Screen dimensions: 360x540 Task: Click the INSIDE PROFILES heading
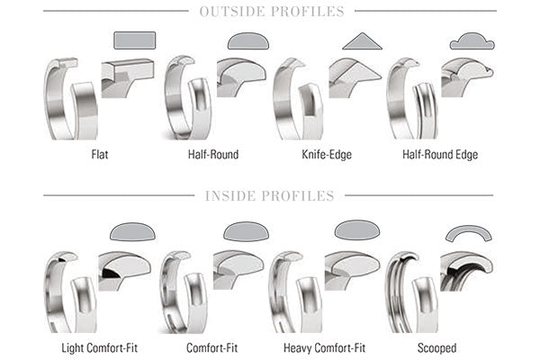click(x=270, y=195)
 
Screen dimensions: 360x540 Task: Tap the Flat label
click(x=101, y=154)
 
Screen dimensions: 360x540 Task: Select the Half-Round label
click(x=213, y=154)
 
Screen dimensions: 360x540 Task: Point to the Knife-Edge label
click(x=327, y=154)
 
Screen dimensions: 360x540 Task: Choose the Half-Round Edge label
click(x=440, y=154)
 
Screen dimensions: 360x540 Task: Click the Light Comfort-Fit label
click(x=100, y=347)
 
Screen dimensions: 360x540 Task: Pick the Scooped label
click(x=437, y=347)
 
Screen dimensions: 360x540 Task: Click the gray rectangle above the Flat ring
click(x=134, y=39)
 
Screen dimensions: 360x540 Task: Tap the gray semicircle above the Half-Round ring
click(x=247, y=40)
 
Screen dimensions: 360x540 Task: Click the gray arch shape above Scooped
click(x=470, y=233)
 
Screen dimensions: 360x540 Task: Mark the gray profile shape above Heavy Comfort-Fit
click(x=357, y=230)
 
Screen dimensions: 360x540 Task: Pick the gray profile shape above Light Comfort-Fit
click(x=132, y=231)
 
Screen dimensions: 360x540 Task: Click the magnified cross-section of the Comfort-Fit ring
click(x=238, y=270)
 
